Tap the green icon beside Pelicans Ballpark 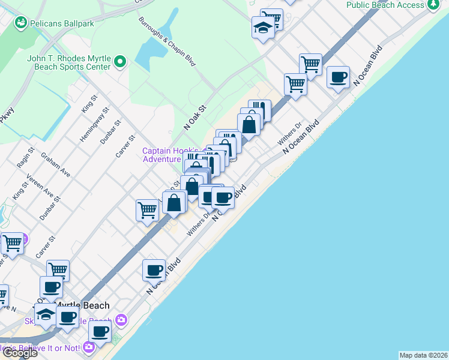(22, 22)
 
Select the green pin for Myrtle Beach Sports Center (121, 61)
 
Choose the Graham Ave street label (55, 164)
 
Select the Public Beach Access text (385, 5)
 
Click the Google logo (20, 353)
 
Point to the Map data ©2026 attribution (423, 355)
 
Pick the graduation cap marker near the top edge (263, 28)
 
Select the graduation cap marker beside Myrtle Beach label (46, 314)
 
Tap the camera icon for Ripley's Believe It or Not (89, 347)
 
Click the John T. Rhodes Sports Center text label (68, 62)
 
